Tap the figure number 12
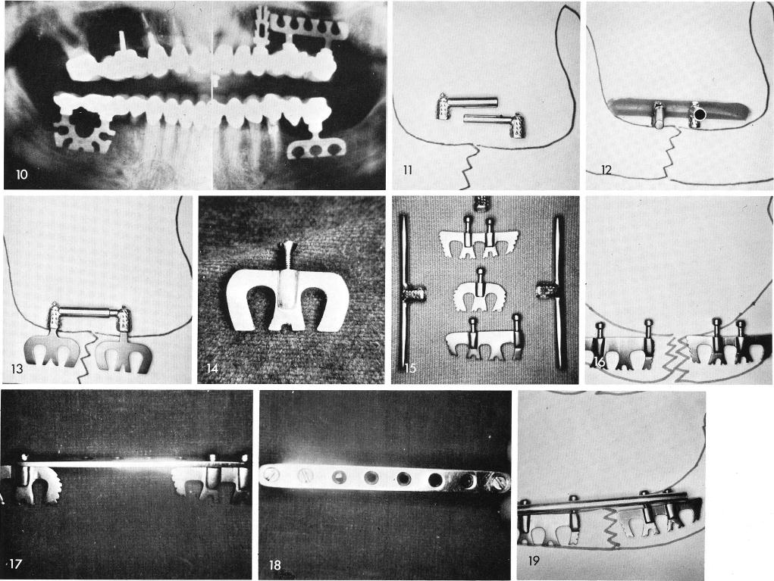click(606, 170)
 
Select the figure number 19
click(534, 561)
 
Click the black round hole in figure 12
click(698, 114)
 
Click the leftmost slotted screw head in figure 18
click(271, 476)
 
